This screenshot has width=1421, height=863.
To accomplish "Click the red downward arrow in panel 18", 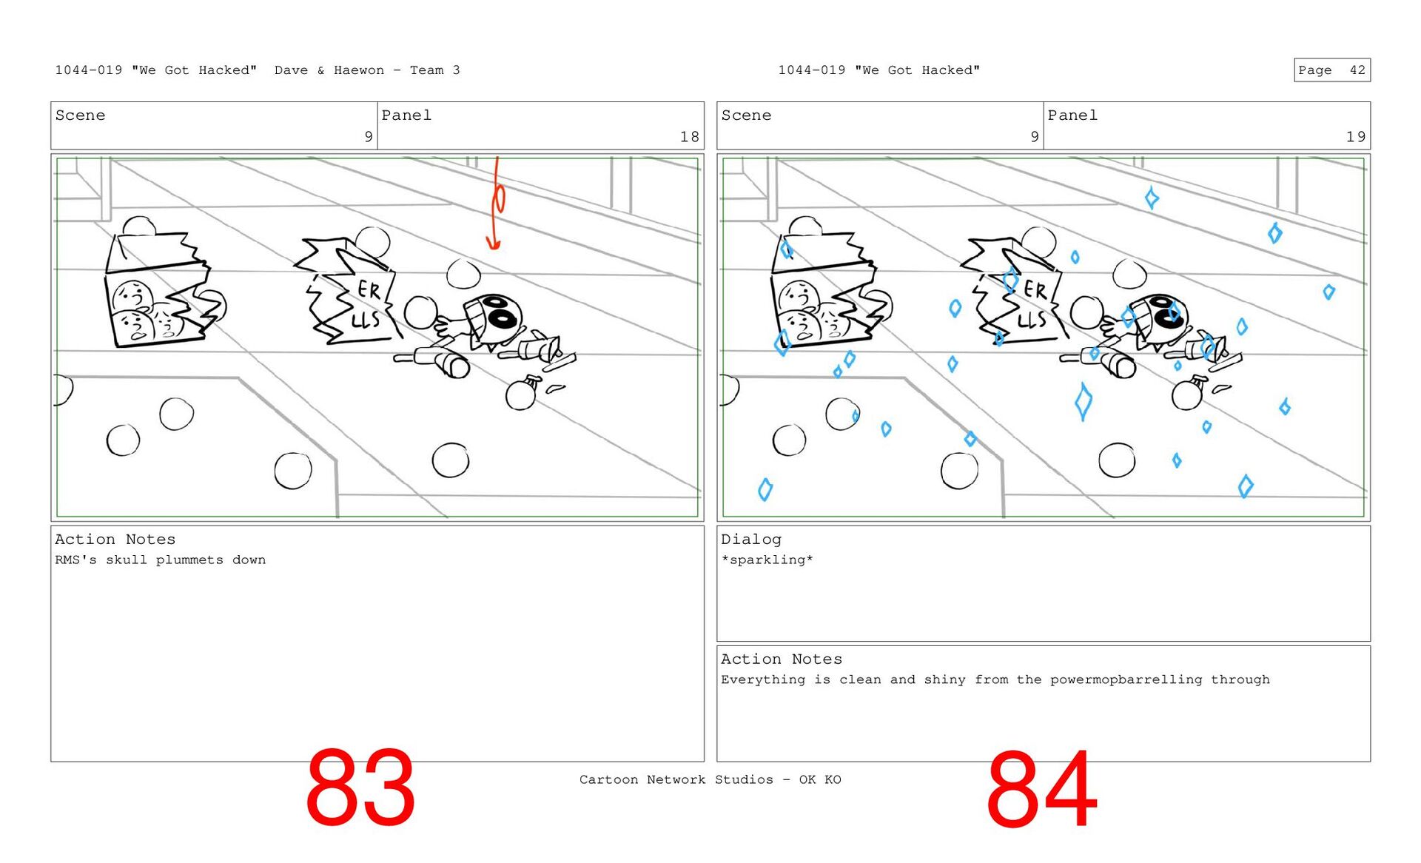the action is pyautogui.click(x=496, y=204).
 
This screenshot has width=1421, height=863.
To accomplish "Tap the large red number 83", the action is pyautogui.click(x=360, y=788).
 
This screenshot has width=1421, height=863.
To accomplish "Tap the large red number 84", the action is pyautogui.click(x=1041, y=789).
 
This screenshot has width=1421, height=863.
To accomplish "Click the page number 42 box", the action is pyautogui.click(x=1332, y=70).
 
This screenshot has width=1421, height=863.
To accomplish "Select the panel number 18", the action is pyautogui.click(x=689, y=137).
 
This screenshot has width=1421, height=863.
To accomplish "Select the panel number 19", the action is pyautogui.click(x=1355, y=137).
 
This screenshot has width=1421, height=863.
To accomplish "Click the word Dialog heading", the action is pyautogui.click(x=751, y=540).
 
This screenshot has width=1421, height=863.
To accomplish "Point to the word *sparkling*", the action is pyautogui.click(x=767, y=560).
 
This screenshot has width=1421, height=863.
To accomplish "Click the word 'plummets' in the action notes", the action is pyautogui.click(x=189, y=560).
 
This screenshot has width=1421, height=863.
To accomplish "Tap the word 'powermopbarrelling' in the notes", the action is pyautogui.click(x=1126, y=680).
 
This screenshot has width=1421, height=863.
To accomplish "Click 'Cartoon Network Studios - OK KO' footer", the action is pyautogui.click(x=710, y=779).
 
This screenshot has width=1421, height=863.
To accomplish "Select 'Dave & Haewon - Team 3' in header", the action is pyautogui.click(x=367, y=70).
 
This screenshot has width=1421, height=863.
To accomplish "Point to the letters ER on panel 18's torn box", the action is pyautogui.click(x=369, y=289).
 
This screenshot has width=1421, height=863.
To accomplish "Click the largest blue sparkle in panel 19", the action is pyautogui.click(x=1083, y=401).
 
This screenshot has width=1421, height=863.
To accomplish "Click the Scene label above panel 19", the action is pyautogui.click(x=746, y=115).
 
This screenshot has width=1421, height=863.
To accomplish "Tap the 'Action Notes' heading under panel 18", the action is pyautogui.click(x=115, y=540).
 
